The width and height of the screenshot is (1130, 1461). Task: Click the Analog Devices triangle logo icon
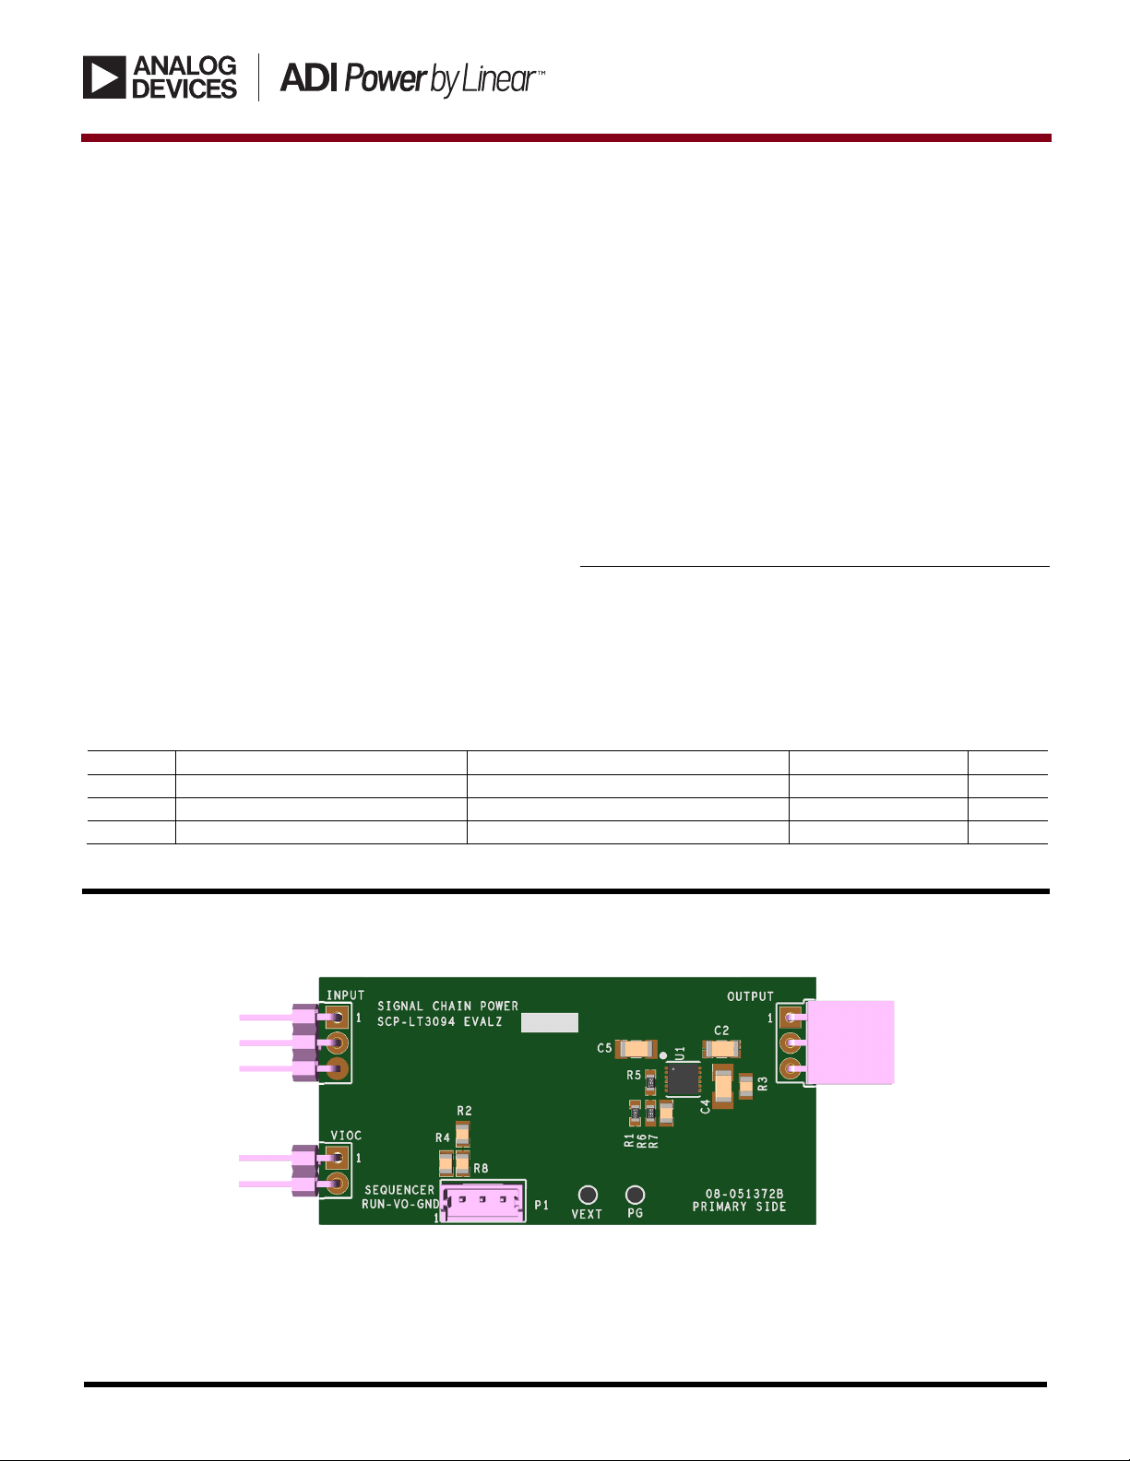click(104, 77)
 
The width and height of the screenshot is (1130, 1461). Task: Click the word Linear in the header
click(498, 79)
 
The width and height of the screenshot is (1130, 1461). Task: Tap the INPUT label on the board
click(345, 996)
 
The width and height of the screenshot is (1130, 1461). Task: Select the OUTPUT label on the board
click(750, 996)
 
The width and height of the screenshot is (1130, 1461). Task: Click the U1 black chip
click(683, 1079)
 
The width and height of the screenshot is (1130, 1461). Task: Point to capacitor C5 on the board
click(637, 1048)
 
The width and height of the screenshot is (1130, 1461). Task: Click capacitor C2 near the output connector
click(721, 1048)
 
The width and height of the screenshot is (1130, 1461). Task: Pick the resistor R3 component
click(745, 1086)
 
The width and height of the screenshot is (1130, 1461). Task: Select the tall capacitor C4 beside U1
click(723, 1086)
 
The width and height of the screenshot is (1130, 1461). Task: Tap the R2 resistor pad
click(463, 1134)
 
